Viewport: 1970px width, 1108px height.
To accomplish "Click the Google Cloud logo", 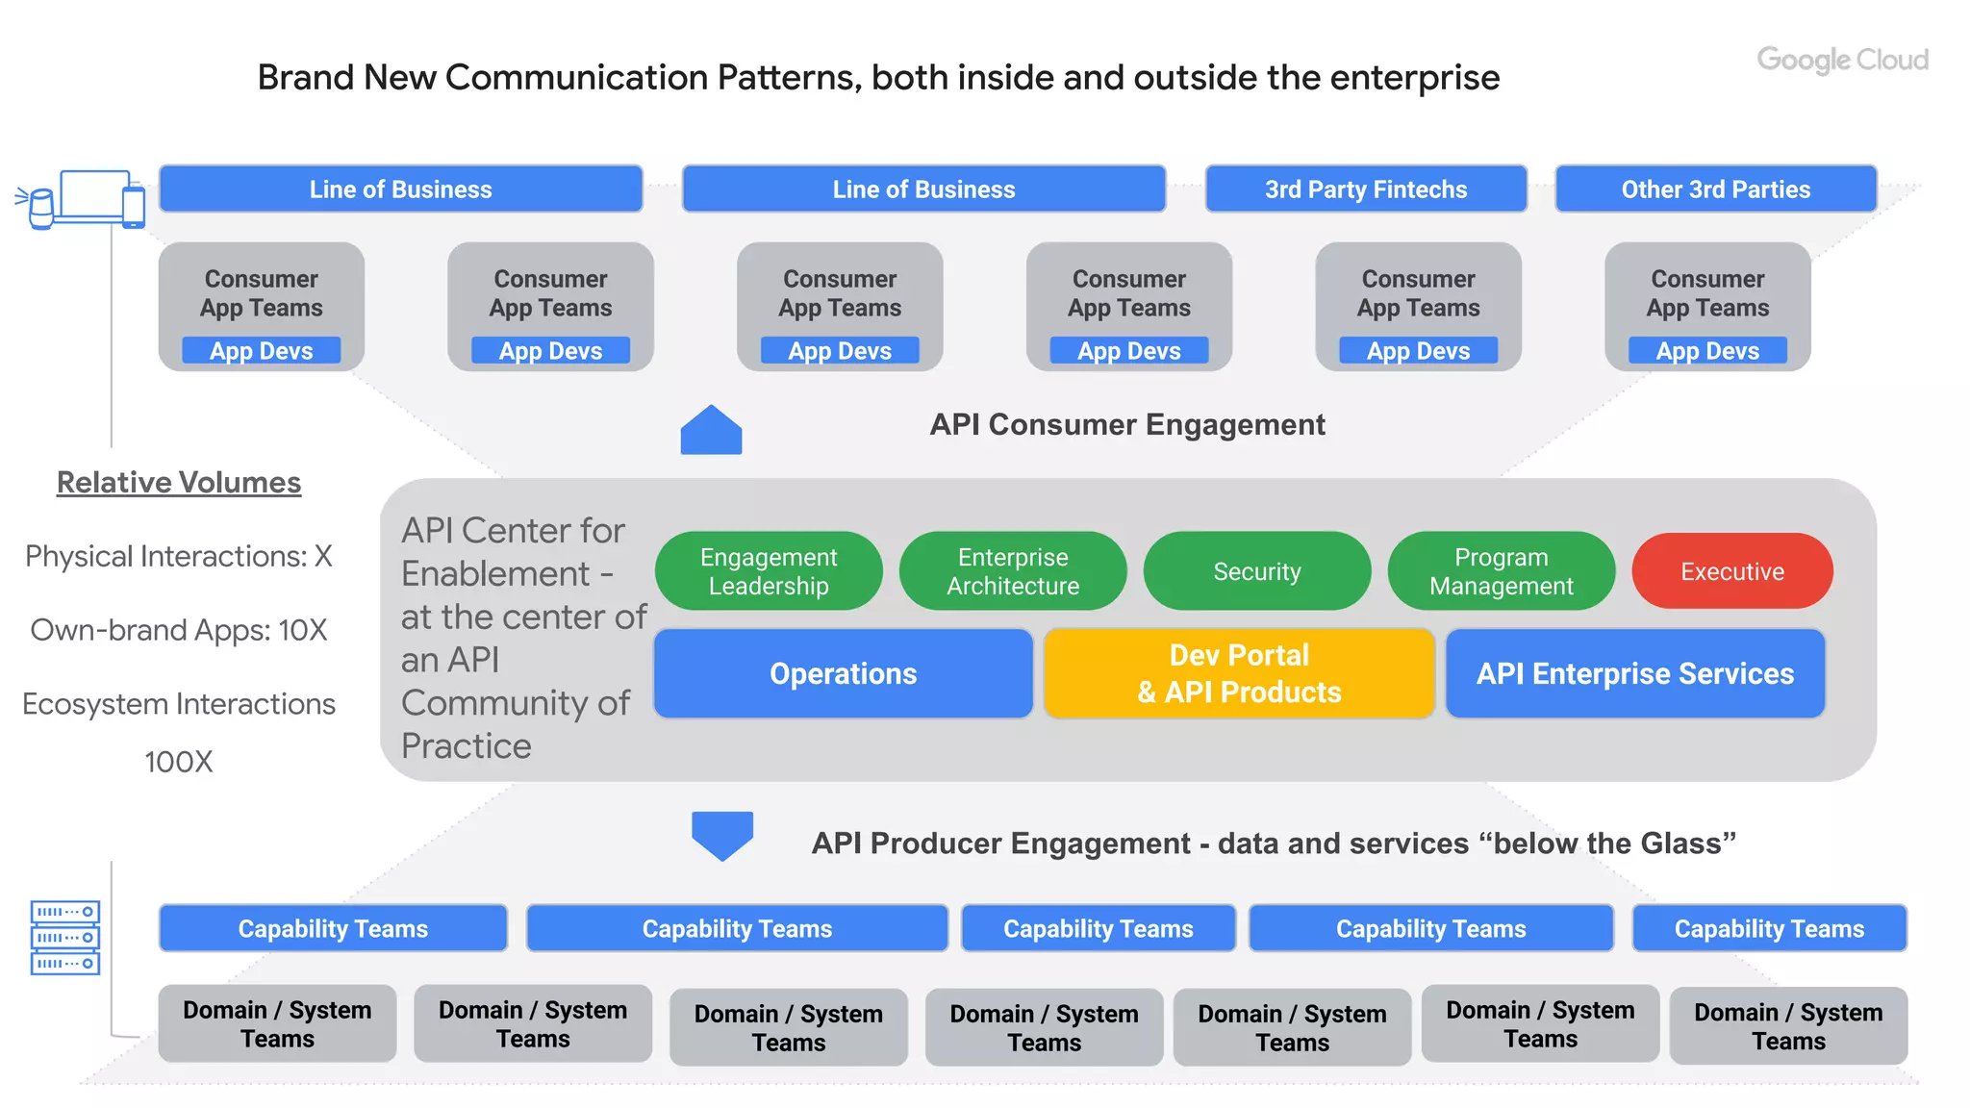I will (1842, 60).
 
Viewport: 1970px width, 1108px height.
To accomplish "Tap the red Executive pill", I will (1731, 571).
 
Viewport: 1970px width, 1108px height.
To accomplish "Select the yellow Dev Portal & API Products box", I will (1239, 673).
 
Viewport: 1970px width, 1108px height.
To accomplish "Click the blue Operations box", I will (843, 673).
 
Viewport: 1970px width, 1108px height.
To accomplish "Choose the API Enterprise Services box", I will (1634, 673).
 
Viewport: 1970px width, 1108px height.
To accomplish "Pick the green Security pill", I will (1256, 571).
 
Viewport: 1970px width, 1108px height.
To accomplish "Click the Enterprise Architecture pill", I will (1012, 571).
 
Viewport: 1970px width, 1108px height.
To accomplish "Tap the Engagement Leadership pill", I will (769, 571).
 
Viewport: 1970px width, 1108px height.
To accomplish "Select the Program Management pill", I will (1501, 571).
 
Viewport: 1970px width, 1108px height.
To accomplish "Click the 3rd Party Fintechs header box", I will (1365, 189).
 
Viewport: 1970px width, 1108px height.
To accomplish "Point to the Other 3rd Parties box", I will (1715, 189).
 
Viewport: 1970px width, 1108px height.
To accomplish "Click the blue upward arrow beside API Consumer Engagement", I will (711, 430).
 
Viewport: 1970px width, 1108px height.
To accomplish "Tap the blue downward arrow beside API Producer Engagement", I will (722, 835).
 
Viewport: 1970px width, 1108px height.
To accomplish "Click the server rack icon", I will (65, 937).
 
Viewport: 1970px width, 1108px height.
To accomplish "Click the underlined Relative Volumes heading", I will (179, 482).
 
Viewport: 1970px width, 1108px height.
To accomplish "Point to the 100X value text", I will (179, 762).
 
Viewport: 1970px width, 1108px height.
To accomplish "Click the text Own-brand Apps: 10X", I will (179, 630).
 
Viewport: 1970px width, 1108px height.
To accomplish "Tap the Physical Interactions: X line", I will (179, 556).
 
